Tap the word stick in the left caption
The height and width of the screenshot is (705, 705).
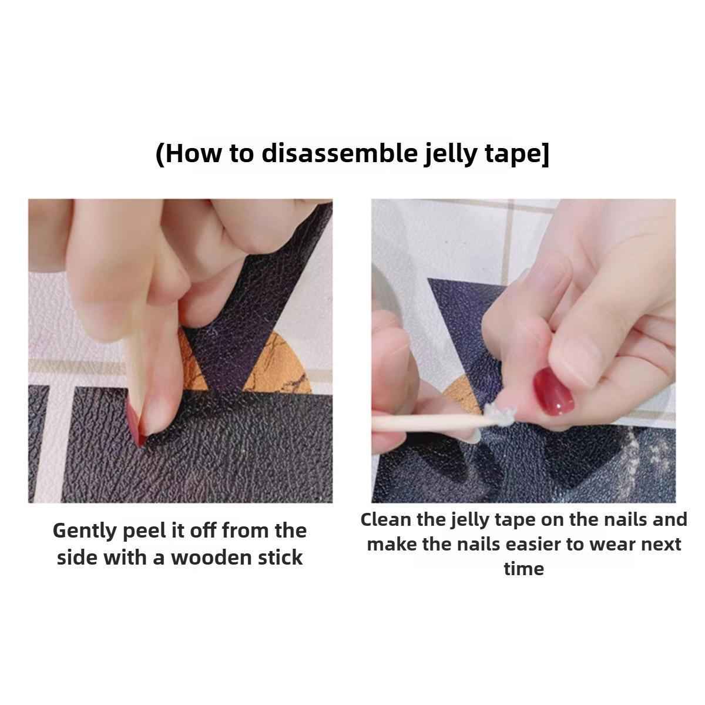click(281, 557)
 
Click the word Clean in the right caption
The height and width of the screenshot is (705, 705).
click(385, 519)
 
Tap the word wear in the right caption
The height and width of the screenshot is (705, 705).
click(610, 544)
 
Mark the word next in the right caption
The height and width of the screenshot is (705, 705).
click(661, 544)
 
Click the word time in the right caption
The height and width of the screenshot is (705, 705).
click(523, 569)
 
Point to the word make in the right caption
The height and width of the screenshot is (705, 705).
click(390, 544)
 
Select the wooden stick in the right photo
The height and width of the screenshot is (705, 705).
click(423, 425)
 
